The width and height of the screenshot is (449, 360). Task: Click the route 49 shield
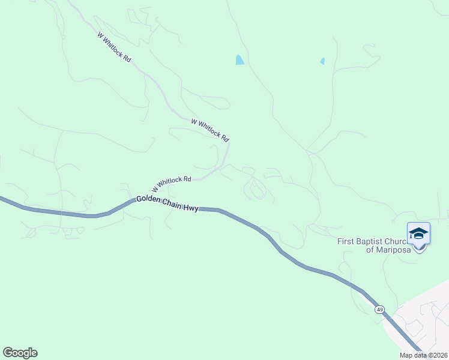(x=379, y=310)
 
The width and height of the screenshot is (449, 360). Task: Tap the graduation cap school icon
(x=418, y=233)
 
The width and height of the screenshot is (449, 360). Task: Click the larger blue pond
(x=240, y=60)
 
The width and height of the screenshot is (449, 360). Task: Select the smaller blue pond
(x=322, y=61)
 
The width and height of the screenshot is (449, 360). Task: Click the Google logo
(x=20, y=353)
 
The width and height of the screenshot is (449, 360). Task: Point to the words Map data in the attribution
(x=414, y=355)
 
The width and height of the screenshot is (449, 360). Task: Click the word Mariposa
(x=393, y=250)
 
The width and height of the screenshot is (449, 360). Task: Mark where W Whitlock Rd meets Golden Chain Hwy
(x=134, y=200)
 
